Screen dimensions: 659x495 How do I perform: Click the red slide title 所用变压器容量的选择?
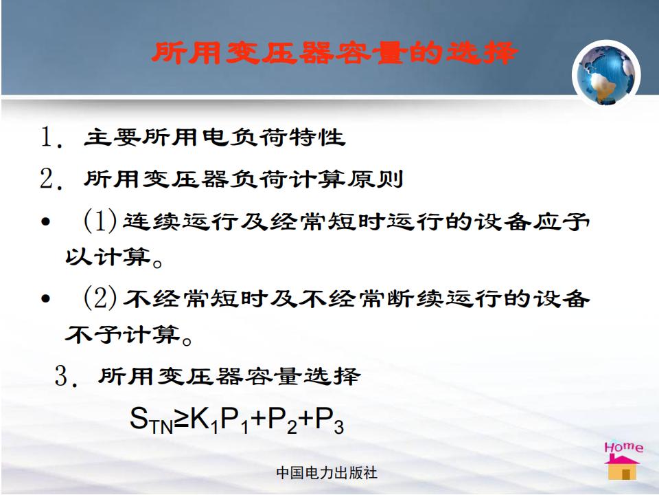334,53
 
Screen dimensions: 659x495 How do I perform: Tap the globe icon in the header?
605,74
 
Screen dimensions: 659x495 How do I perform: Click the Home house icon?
623,461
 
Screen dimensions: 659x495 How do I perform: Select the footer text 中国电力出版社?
327,473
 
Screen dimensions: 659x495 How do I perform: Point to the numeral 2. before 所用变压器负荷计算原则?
51,179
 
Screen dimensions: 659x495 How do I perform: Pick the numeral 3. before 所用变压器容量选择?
67,376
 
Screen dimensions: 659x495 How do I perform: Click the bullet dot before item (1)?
46,221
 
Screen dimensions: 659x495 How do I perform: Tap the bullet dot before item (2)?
46,298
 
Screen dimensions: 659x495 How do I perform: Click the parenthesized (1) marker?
100,221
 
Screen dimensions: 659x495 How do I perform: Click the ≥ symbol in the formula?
181,419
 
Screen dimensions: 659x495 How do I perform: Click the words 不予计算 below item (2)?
122,334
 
